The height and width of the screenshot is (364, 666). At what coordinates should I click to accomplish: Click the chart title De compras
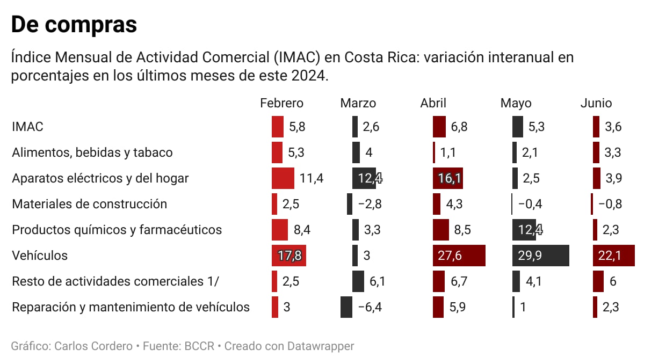pos(74,24)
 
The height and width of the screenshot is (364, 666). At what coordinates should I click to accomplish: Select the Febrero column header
pos(281,103)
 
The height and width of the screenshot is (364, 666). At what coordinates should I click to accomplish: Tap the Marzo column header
pos(358,103)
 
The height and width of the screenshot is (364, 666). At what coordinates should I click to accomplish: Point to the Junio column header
pos(596,103)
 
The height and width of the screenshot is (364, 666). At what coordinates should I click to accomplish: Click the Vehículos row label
pos(40,256)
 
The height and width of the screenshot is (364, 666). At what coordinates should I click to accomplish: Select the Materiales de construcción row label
pos(89,204)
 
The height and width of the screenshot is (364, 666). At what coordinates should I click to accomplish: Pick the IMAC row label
pos(27,127)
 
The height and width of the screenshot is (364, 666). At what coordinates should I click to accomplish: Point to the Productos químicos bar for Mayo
pos(526,230)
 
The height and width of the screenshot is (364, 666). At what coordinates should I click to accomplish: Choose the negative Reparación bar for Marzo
pos(346,307)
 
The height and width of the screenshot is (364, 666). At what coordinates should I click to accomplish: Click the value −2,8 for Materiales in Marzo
pos(370,204)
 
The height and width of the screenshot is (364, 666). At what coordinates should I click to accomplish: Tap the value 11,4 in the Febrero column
pos(312,178)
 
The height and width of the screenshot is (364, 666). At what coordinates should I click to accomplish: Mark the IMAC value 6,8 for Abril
pos(459,127)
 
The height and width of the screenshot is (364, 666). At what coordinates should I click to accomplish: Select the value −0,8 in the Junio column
pos(611,204)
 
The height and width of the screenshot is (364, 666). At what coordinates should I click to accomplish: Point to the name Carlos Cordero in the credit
pos(93,346)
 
